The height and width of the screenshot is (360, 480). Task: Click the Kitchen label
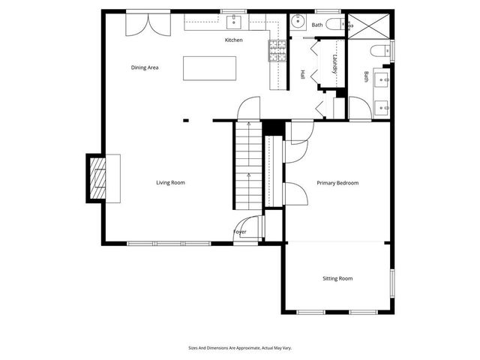click(x=233, y=40)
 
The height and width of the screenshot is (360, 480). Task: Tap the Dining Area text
click(x=145, y=67)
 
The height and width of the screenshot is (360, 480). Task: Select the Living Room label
click(x=170, y=182)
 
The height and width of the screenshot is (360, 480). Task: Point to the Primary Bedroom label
click(x=337, y=183)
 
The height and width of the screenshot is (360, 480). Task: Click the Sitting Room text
click(x=337, y=278)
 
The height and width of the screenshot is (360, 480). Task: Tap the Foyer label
click(x=239, y=232)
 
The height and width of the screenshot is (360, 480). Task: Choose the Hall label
click(x=303, y=75)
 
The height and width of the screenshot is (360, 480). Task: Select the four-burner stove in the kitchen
click(x=277, y=50)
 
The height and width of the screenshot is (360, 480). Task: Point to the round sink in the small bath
click(x=298, y=21)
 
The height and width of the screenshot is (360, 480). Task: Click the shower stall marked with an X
click(x=367, y=25)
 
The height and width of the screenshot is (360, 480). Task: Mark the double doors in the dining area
click(x=147, y=22)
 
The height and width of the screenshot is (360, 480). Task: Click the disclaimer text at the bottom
click(x=240, y=348)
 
